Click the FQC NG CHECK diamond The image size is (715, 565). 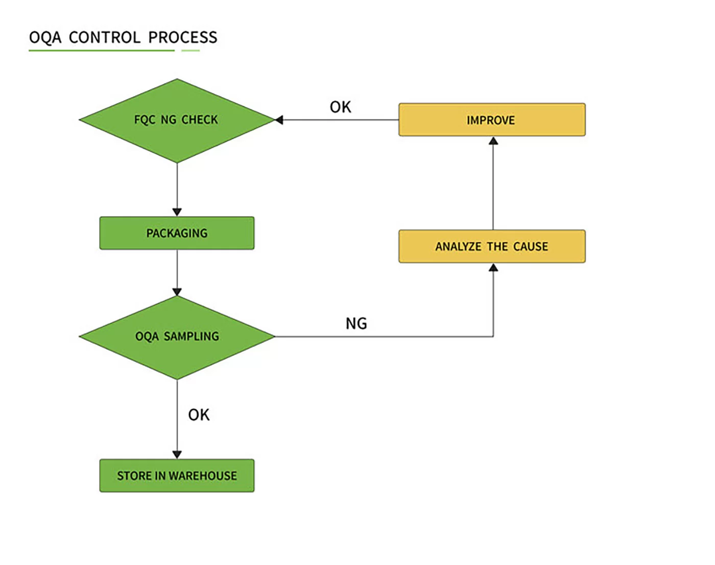click(x=177, y=121)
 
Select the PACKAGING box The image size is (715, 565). click(x=177, y=233)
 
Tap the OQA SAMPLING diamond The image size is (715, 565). click(x=177, y=337)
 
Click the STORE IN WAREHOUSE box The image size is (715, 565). click(x=177, y=476)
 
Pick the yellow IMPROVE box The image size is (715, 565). click(x=492, y=120)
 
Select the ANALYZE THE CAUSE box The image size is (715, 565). click(x=492, y=246)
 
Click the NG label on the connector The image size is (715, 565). click(x=356, y=323)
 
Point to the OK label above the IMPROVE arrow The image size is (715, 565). click(x=340, y=107)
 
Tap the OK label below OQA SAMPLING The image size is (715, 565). click(x=199, y=415)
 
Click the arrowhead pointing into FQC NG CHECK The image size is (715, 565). click(x=279, y=120)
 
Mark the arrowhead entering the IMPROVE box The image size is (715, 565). click(x=493, y=140)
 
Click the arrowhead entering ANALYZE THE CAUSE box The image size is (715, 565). click(x=493, y=267)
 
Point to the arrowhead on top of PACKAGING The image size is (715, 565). click(x=177, y=212)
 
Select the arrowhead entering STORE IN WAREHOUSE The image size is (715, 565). click(x=177, y=455)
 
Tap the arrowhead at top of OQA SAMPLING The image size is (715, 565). click(x=177, y=292)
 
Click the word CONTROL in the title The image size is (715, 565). click(x=105, y=37)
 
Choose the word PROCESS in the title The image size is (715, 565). click(x=183, y=37)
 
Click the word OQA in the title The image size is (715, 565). click(x=45, y=37)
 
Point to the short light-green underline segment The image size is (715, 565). click(x=190, y=51)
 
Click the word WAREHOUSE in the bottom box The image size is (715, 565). click(x=203, y=476)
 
